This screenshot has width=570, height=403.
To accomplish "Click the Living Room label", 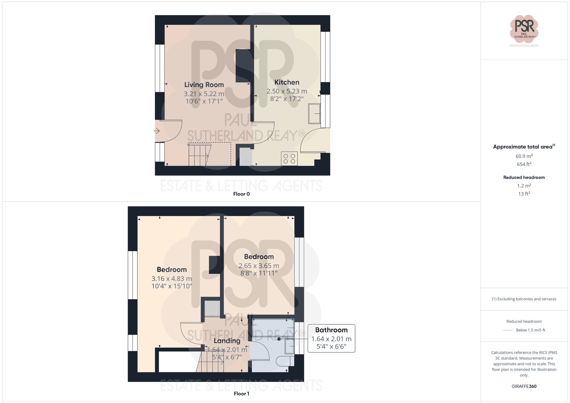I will pyautogui.click(x=204, y=85).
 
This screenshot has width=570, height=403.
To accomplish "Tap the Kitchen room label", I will pyautogui.click(x=287, y=82).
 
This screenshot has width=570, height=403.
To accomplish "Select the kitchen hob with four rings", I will pyautogui.click(x=289, y=159).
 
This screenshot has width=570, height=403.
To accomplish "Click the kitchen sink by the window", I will pyautogui.click(x=314, y=114).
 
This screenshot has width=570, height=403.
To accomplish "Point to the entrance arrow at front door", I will pyautogui.click(x=157, y=131).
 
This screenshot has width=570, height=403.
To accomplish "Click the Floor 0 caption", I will pyautogui.click(x=241, y=194).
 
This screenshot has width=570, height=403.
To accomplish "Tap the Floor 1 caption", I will pyautogui.click(x=241, y=394).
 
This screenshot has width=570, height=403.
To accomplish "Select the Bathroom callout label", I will pyautogui.click(x=331, y=330).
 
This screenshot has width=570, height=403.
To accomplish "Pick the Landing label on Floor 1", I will pyautogui.click(x=227, y=341).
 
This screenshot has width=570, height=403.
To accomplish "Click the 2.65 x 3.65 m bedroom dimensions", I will pyautogui.click(x=259, y=266).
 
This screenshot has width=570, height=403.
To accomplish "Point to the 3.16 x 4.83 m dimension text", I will pyautogui.click(x=172, y=279).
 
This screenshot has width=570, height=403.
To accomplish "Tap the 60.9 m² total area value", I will pyautogui.click(x=524, y=156).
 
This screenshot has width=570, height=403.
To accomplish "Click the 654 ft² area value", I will pyautogui.click(x=524, y=164).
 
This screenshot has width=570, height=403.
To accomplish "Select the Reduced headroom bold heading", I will pyautogui.click(x=524, y=177).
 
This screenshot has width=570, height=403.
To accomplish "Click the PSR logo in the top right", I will pyautogui.click(x=524, y=29).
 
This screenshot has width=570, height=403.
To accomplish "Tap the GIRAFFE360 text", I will pyautogui.click(x=524, y=386).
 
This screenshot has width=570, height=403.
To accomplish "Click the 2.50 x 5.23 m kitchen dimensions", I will pyautogui.click(x=287, y=91).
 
